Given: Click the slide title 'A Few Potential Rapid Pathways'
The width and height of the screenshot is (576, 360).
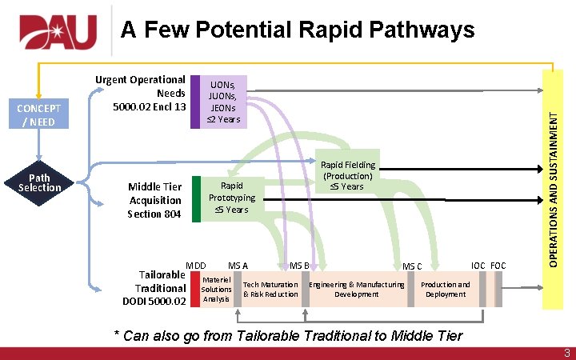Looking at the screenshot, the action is (298, 30).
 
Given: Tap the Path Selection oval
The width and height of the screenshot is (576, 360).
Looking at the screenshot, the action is (39, 182).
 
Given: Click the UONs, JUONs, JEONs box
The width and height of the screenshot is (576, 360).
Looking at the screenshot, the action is (223, 102).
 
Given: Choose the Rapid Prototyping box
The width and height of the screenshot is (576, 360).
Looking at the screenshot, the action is (231, 198).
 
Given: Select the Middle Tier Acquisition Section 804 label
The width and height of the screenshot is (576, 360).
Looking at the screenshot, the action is (154, 200).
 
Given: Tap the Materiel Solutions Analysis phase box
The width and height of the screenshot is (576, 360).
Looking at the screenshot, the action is (216, 289).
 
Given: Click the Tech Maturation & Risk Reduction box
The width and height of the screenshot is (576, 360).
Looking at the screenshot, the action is (270, 289).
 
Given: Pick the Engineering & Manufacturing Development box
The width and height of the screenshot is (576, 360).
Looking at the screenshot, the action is (357, 289).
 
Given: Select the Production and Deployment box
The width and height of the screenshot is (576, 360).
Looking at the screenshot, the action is (446, 289).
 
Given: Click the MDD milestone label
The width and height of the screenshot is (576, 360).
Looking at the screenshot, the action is (196, 265).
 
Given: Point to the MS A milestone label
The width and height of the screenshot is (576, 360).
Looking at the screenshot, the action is (238, 265).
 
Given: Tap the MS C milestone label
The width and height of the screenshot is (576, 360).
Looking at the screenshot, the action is (412, 266).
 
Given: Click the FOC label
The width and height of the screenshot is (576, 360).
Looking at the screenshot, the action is (498, 265).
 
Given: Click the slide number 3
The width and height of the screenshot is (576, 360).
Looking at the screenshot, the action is (566, 353).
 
